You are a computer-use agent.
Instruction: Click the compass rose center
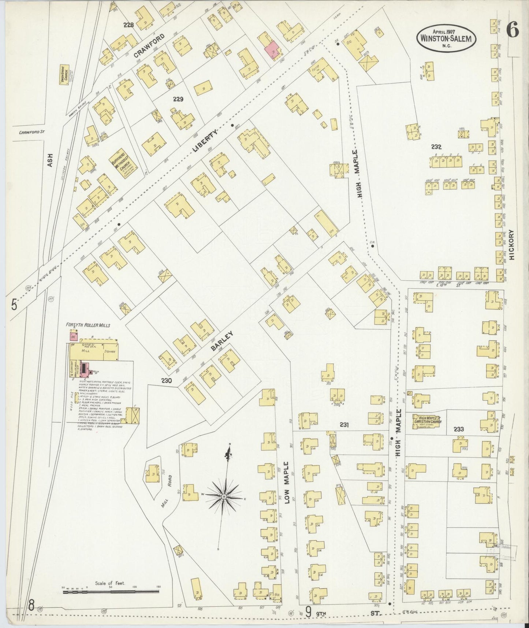[x=223, y=496]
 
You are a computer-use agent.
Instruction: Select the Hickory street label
[x=512, y=245]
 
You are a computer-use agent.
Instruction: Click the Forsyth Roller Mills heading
[x=88, y=325]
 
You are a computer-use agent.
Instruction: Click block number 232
[x=436, y=147]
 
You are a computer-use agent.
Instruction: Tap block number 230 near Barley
[x=166, y=381]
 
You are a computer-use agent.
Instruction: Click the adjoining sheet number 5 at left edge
[x=14, y=305]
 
